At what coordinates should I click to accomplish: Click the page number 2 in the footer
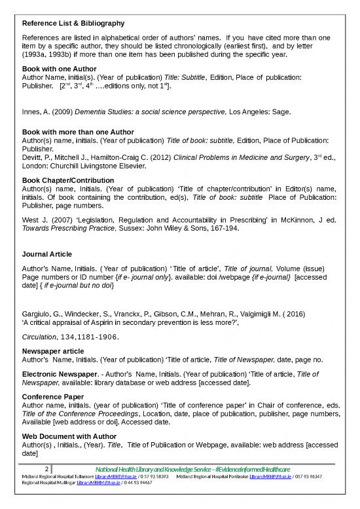pyautogui.click(x=46, y=469)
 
